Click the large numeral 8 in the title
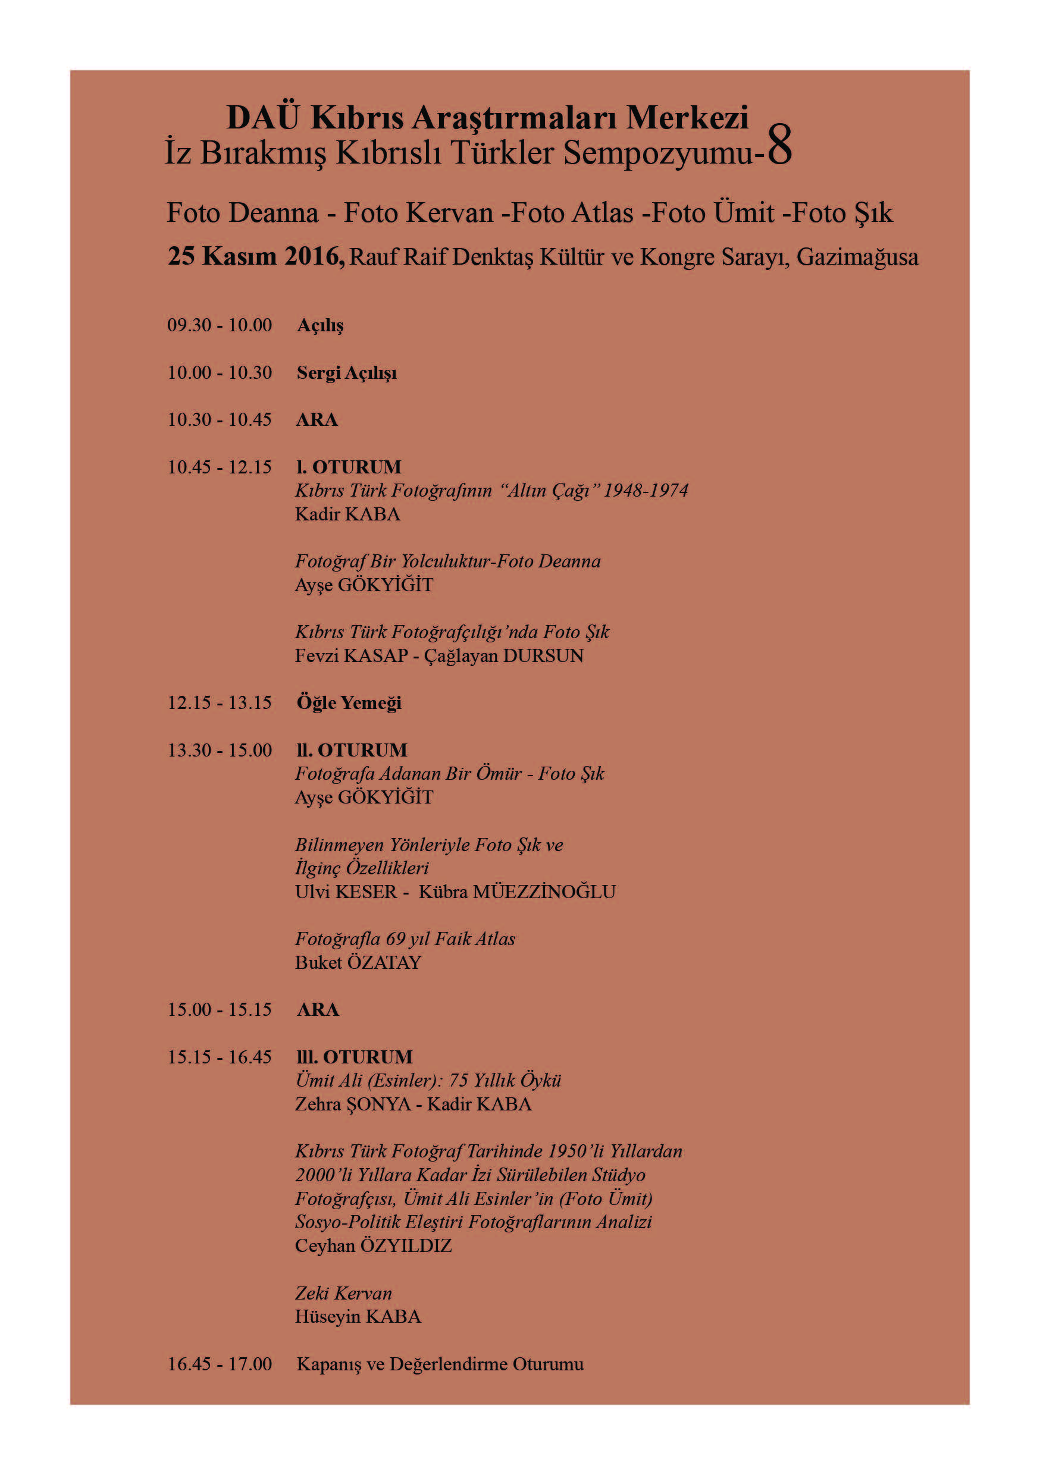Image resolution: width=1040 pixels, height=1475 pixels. [779, 145]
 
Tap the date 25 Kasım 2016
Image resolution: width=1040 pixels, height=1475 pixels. [256, 256]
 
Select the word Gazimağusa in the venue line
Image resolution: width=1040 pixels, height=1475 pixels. [857, 257]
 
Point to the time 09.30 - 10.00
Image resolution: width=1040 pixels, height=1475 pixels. [220, 325]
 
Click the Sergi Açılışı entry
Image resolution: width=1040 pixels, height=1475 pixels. [346, 374]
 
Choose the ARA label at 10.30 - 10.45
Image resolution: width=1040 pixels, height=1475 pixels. [317, 420]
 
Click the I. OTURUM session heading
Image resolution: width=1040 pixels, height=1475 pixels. [349, 467]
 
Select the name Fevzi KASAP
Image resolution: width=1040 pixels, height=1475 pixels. [352, 656]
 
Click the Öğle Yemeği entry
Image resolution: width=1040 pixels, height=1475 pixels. [349, 703]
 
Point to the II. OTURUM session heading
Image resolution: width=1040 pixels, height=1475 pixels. [352, 751]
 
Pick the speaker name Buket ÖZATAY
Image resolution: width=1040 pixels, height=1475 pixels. [358, 963]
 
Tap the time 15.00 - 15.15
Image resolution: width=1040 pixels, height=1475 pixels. [220, 1010]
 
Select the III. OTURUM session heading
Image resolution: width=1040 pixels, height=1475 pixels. [354, 1057]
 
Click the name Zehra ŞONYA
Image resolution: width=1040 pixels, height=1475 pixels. [352, 1105]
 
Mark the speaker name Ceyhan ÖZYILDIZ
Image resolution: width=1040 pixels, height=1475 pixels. [373, 1246]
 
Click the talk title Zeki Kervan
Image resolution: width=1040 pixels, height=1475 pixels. [343, 1294]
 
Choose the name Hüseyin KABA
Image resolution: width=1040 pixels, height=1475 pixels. [358, 1317]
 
